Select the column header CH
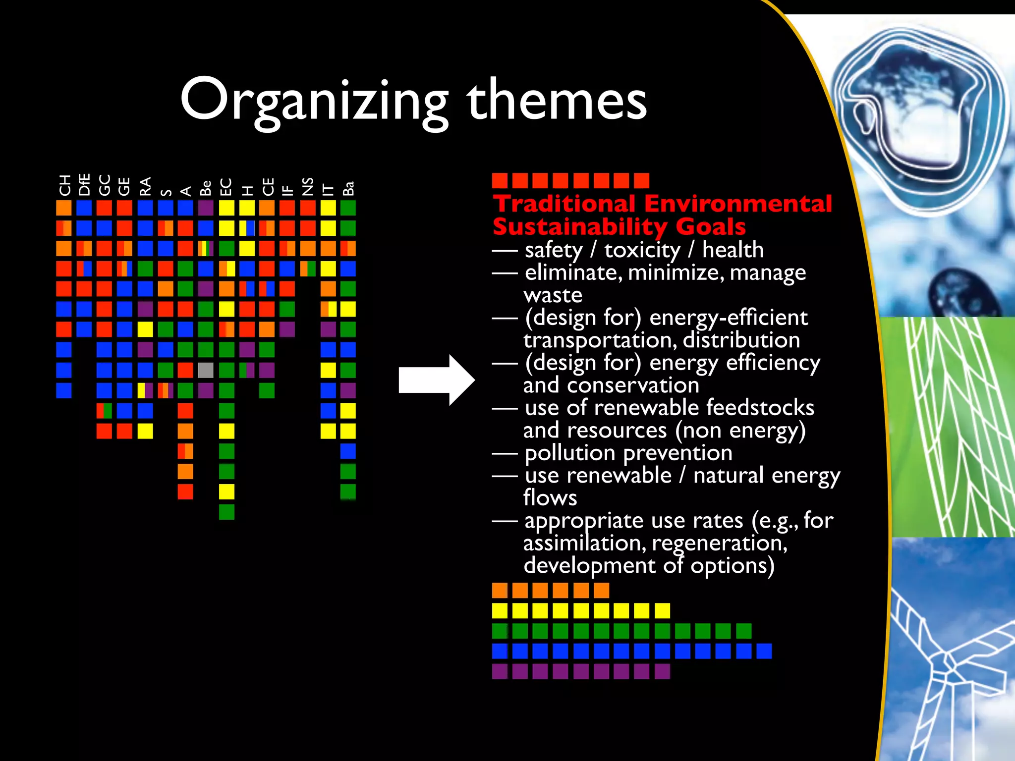click(64, 185)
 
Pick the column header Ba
click(348, 188)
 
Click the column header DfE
click(84, 184)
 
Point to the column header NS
click(308, 187)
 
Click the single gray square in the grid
click(206, 370)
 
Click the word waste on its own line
click(553, 295)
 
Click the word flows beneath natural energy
click(550, 498)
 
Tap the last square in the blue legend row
click(764, 651)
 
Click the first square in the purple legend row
click(500, 671)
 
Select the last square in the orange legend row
click(601, 590)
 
